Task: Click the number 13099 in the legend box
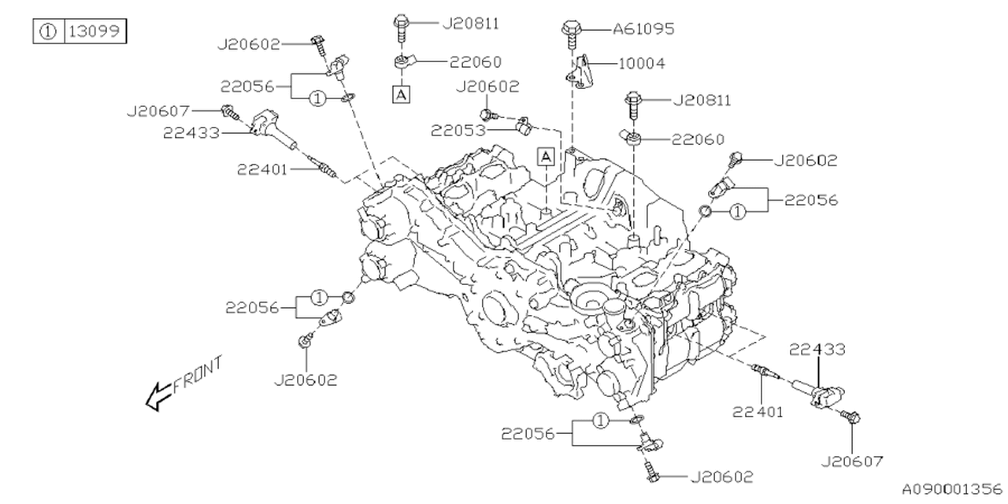point(94,32)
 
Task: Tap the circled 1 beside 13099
point(48,32)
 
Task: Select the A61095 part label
point(643,29)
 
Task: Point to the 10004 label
point(642,63)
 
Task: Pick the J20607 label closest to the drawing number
point(851,461)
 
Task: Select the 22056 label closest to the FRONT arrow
point(252,307)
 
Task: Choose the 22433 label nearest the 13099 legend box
point(191,133)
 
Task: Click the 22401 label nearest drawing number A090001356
point(758,410)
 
